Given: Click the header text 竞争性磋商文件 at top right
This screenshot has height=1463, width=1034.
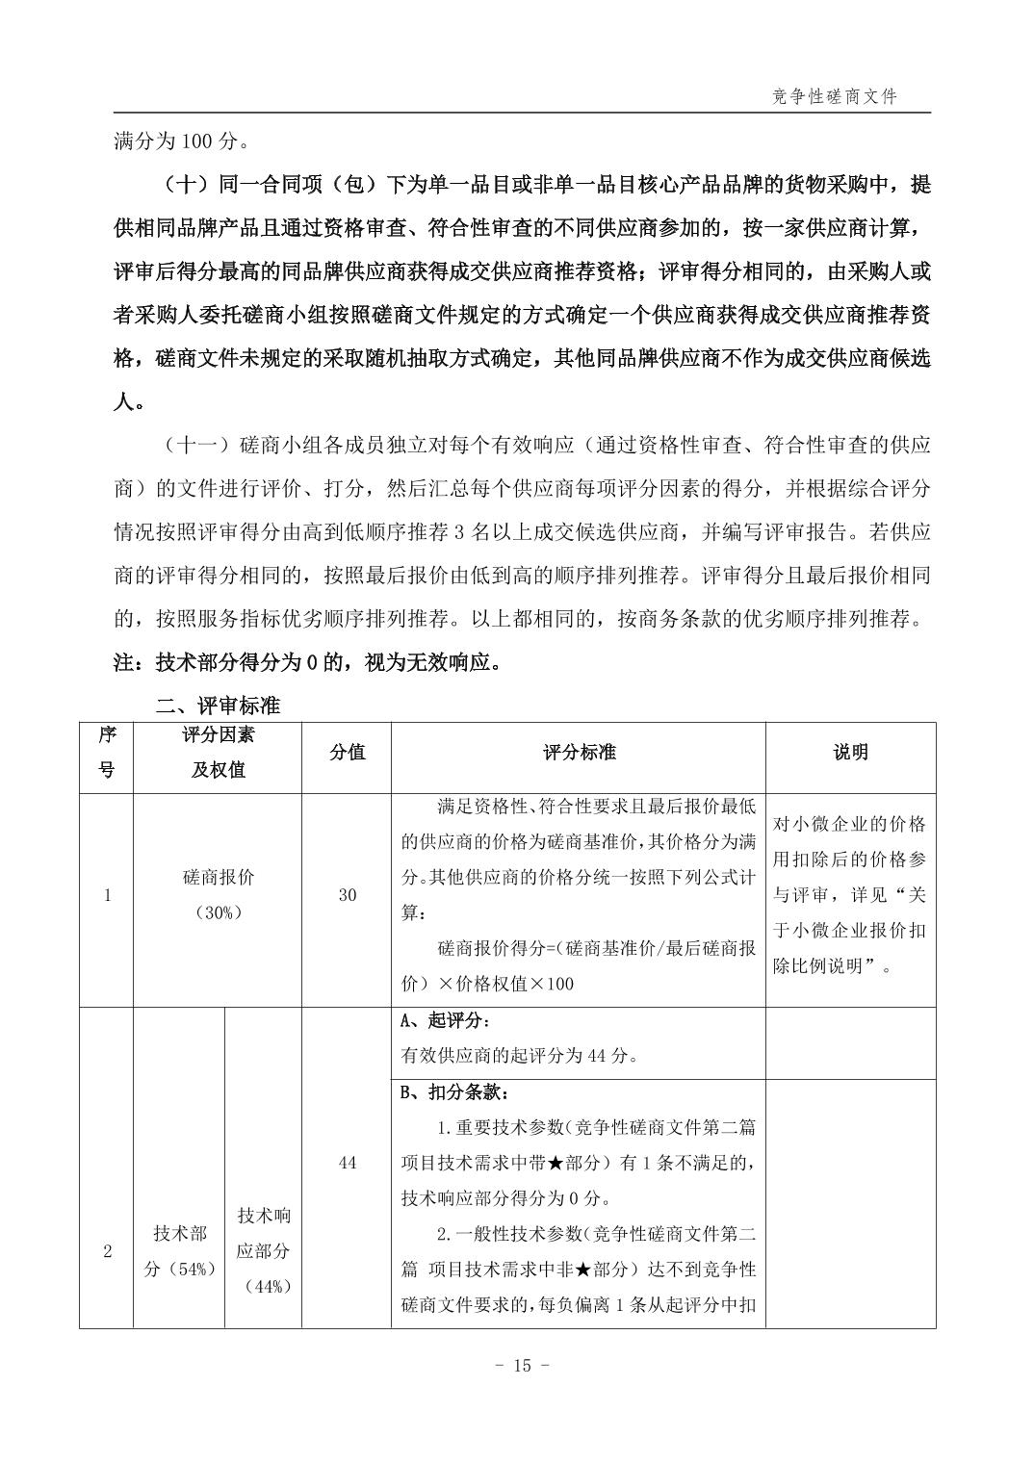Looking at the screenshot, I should click(835, 97).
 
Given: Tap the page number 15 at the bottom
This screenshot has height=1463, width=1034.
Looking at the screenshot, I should click(521, 1365).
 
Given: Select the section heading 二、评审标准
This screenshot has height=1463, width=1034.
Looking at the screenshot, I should click(218, 706).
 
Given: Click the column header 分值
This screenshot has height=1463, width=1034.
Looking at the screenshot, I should click(347, 752).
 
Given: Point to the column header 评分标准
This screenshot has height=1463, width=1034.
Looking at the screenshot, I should click(579, 752).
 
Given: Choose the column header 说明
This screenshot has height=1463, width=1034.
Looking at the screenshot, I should click(850, 752).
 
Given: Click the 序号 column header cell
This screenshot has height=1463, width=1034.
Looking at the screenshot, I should click(107, 752).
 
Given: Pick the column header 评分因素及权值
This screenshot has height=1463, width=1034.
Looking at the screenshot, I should click(219, 752).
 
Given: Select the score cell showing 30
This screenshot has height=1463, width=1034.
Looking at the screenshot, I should click(347, 895).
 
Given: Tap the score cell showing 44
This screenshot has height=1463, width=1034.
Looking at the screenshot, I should click(347, 1163).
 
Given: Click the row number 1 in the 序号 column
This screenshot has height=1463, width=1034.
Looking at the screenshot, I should click(107, 895).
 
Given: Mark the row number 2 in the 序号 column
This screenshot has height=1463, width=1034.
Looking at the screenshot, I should click(107, 1251).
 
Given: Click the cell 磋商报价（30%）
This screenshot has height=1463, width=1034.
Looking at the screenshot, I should click(219, 895).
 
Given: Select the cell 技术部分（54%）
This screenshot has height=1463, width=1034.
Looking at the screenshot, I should click(180, 1251).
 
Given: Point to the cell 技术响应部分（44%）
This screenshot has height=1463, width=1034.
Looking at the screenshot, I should click(264, 1250).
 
